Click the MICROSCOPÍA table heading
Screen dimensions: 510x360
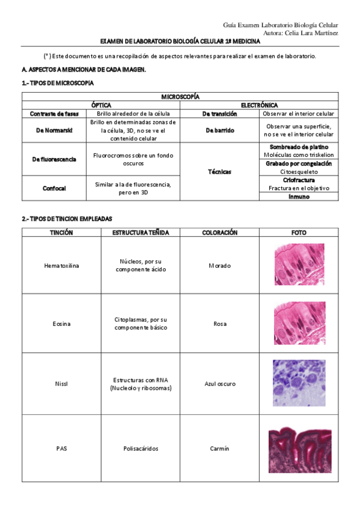click(x=180, y=97)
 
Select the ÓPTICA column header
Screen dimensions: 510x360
click(x=101, y=105)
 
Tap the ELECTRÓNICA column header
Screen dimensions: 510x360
click(x=259, y=105)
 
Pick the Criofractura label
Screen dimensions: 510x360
click(x=299, y=180)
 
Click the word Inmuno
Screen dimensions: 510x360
click(x=299, y=196)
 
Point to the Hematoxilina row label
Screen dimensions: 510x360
click(x=61, y=265)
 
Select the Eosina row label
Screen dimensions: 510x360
click(x=61, y=324)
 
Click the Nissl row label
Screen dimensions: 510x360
click(x=61, y=384)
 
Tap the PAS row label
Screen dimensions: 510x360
click(x=61, y=448)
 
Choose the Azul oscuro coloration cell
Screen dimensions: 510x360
click(x=220, y=384)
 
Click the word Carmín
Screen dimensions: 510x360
click(x=220, y=448)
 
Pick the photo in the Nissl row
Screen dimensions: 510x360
click(x=299, y=383)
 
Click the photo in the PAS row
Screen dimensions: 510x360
click(x=299, y=449)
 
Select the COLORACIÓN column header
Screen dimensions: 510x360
click(x=220, y=232)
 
